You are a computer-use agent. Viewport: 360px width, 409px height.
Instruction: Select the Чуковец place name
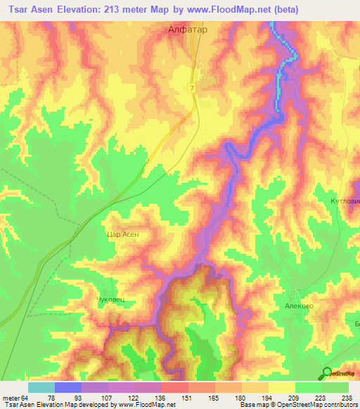[x=110, y=299]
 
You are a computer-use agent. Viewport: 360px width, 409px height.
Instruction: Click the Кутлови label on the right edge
[x=345, y=201]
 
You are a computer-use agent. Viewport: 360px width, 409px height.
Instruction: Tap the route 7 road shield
[x=191, y=87]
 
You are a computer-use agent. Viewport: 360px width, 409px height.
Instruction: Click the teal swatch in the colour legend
[x=41, y=387]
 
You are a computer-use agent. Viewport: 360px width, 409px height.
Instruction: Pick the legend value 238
[x=345, y=397]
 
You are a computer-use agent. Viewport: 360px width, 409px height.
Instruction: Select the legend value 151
[x=186, y=397]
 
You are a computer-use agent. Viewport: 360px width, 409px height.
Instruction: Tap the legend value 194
[x=265, y=397]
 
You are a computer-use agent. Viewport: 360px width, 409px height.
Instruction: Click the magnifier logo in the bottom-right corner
[x=327, y=373]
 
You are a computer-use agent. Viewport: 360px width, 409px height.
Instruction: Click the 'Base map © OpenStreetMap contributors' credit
[x=297, y=405]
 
